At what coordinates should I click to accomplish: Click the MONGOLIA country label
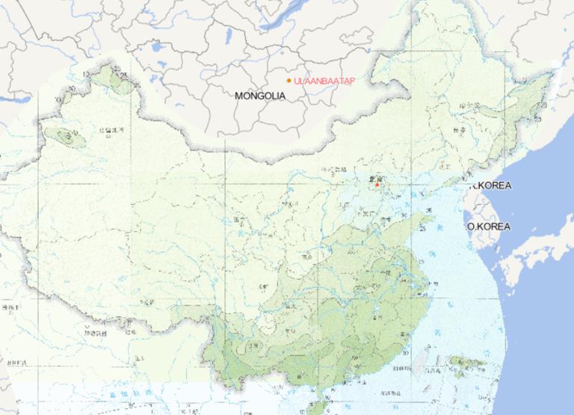tap(259, 96)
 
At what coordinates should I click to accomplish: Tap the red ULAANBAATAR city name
tap(324, 80)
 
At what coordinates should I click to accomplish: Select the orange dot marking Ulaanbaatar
tap(288, 80)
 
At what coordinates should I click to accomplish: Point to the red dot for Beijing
tap(377, 184)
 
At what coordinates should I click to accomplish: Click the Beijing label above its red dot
tap(374, 178)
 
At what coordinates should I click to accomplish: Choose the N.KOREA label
tap(492, 185)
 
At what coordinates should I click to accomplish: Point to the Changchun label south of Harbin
tap(458, 131)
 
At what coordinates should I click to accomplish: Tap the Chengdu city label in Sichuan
tap(263, 287)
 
